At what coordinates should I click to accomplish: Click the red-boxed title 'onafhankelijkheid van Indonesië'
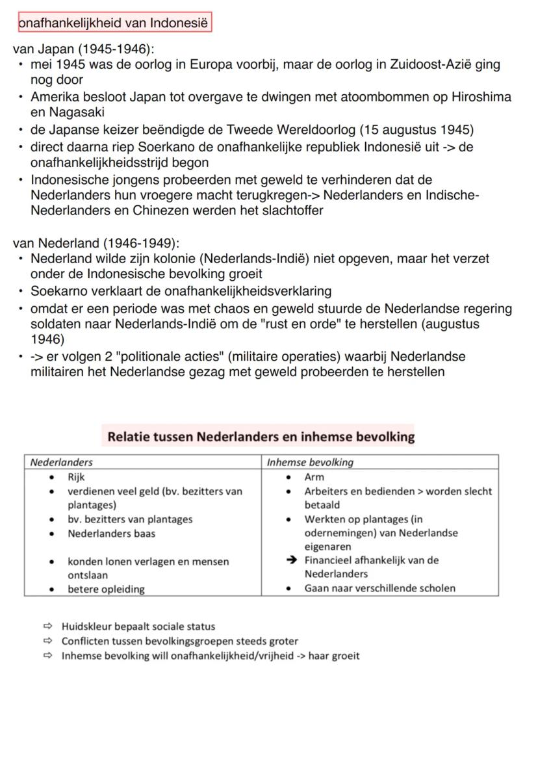point(114,23)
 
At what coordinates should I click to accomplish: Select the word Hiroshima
point(481,97)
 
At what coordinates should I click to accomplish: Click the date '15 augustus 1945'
point(420,129)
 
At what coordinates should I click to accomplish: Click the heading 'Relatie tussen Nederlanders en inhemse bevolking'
point(261,437)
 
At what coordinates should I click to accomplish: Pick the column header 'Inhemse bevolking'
point(310,463)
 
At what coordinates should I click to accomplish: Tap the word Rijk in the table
point(76,477)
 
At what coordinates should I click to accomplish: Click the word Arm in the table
point(314,477)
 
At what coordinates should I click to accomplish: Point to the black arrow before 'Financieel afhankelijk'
point(293,560)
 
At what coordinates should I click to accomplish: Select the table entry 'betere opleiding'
point(106,589)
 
